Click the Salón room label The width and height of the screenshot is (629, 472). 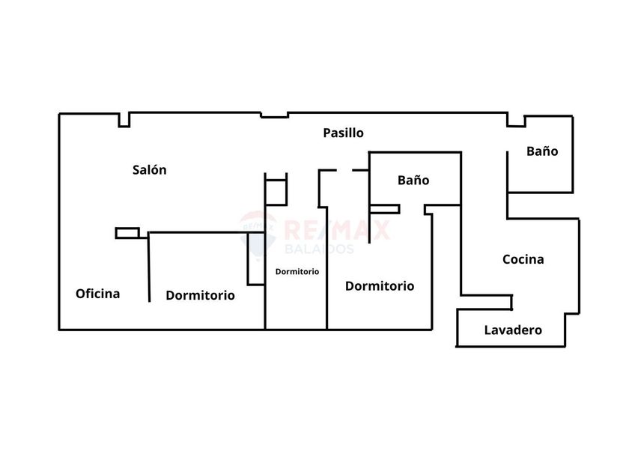click(149, 170)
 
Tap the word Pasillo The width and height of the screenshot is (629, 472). click(344, 133)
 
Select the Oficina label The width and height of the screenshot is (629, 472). click(98, 294)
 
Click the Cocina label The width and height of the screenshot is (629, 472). click(523, 259)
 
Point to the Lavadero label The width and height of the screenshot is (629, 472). click(513, 330)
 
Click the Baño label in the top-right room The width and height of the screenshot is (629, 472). click(542, 151)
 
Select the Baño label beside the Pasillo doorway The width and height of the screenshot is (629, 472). click(413, 180)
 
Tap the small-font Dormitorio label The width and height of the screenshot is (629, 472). click(297, 272)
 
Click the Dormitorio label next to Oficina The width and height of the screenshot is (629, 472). click(200, 295)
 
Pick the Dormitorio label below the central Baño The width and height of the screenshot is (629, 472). click(380, 285)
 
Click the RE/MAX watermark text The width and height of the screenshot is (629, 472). click(337, 229)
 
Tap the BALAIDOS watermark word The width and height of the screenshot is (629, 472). click(319, 249)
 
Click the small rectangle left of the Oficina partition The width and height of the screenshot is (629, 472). click(127, 233)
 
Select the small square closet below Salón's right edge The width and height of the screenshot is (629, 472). click(276, 193)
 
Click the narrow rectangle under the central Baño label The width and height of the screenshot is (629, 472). click(384, 209)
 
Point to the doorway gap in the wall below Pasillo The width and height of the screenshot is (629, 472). click(344, 171)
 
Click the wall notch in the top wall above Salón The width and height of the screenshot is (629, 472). click(124, 120)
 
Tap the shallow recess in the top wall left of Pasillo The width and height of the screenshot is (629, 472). click(275, 115)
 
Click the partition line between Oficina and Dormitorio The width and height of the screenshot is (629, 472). click(149, 267)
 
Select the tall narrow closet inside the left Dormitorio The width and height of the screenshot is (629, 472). click(255, 259)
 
